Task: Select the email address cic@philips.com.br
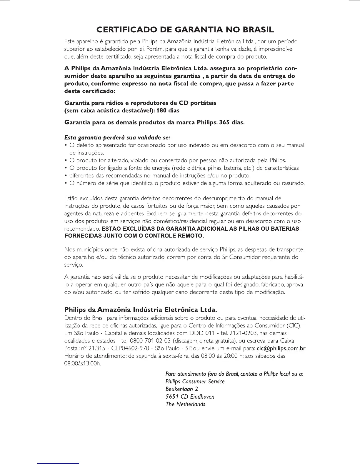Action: pyautogui.click(x=281, y=349)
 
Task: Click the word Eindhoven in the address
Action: pyautogui.click(x=202, y=397)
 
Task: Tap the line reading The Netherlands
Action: pyautogui.click(x=185, y=404)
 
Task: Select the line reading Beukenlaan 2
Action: pyautogui.click(x=179, y=389)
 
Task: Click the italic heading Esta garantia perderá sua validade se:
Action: pyautogui.click(x=117, y=137)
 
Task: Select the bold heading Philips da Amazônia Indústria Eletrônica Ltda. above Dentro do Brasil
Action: pyautogui.click(x=141, y=310)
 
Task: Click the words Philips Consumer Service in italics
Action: pyautogui.click(x=195, y=382)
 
